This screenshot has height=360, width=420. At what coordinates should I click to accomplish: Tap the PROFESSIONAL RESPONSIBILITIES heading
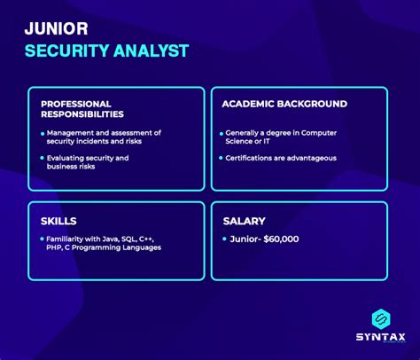coord(82,109)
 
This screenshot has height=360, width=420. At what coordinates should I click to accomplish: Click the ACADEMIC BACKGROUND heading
coord(284,104)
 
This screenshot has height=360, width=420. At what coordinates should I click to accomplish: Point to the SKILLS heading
coord(58,220)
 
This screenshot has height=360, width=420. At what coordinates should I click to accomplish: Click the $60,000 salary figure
coord(283,239)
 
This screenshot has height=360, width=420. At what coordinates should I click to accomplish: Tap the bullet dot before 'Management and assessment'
coord(43,133)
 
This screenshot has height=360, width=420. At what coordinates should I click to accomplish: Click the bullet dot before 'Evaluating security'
coord(43,158)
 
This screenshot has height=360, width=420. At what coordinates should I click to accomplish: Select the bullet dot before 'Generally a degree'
coord(216,133)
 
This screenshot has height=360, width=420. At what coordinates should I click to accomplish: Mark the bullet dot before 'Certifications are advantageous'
coord(216,158)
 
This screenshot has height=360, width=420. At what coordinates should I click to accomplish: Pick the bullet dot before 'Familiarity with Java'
coord(43,239)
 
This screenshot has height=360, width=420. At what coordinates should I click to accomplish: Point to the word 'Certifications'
coord(249,158)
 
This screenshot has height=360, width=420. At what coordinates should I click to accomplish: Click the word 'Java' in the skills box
coord(116,239)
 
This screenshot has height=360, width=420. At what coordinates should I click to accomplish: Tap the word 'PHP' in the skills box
coord(58,248)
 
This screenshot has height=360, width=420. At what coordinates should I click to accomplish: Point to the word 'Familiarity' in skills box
coord(69,239)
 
